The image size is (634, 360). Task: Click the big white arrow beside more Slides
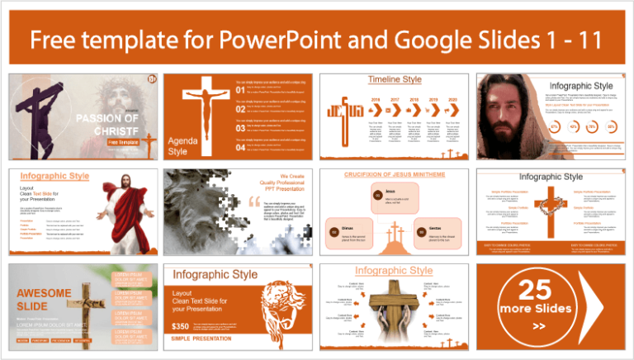(598, 302)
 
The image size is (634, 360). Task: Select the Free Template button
(120, 142)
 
